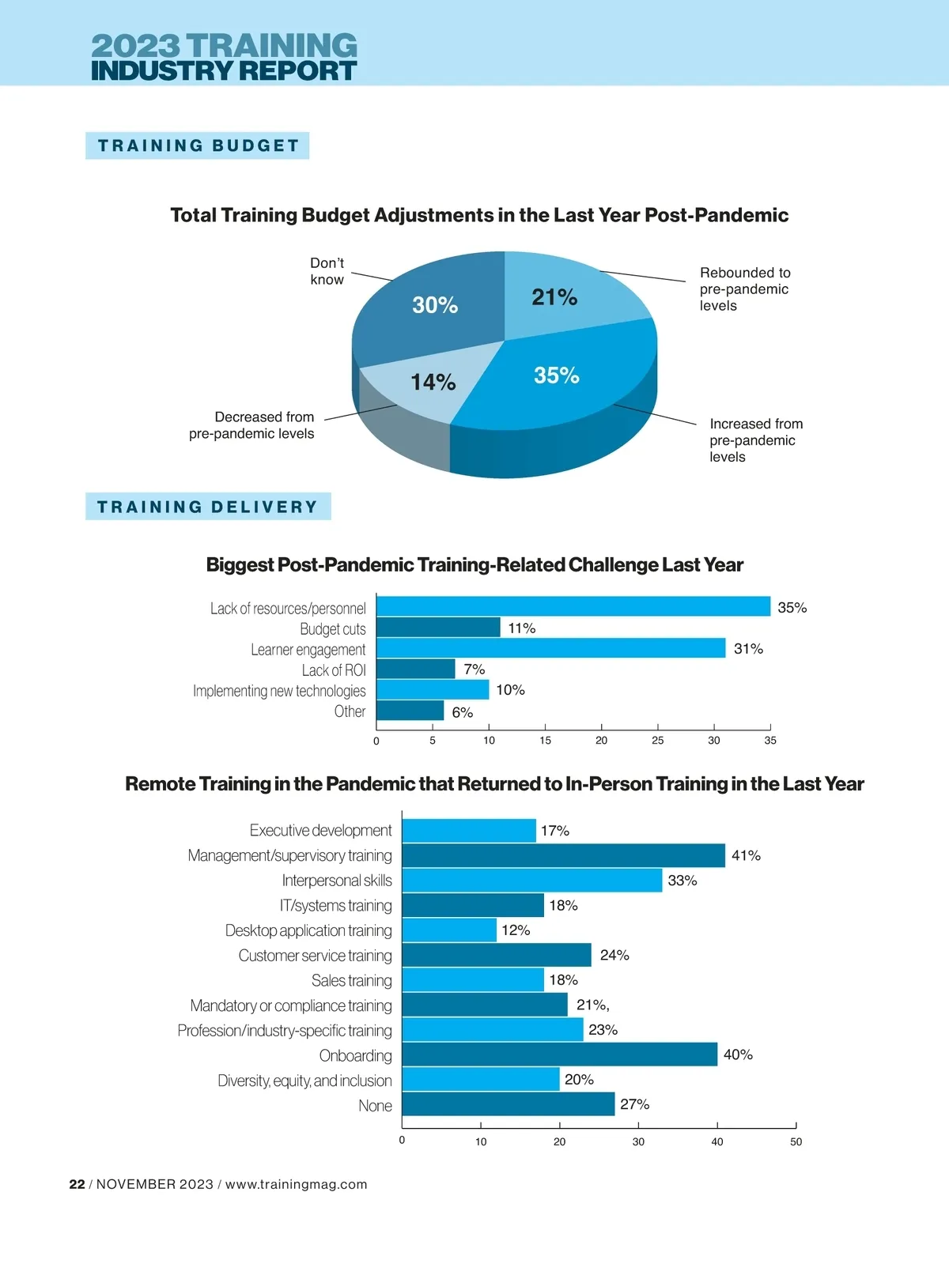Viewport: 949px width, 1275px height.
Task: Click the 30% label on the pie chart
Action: (435, 305)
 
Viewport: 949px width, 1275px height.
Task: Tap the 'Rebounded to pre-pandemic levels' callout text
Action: (745, 289)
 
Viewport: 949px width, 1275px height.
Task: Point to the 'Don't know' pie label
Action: (327, 271)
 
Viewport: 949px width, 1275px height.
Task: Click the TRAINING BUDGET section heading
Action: (198, 145)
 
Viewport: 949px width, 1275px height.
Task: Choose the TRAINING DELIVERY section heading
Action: (208, 507)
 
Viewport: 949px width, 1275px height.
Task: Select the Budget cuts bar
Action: (438, 628)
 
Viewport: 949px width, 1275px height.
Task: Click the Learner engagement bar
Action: (550, 648)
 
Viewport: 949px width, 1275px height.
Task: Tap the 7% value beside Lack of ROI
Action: (475, 670)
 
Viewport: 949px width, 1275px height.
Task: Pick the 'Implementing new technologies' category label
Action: (279, 691)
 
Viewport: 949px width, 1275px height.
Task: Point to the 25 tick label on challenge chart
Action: (657, 741)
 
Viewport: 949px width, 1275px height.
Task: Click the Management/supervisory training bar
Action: (563, 855)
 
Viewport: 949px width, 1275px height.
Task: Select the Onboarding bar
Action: (559, 1054)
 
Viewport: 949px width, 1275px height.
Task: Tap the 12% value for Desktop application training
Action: (516, 930)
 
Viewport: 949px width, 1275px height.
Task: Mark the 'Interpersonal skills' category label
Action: (337, 881)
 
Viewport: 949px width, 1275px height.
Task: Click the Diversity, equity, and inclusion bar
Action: (480, 1080)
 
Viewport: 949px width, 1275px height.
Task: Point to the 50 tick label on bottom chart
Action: (796, 1141)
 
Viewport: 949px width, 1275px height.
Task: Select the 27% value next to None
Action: (634, 1104)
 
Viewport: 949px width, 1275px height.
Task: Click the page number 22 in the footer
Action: (77, 1184)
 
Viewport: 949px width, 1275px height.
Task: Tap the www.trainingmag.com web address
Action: (297, 1184)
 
